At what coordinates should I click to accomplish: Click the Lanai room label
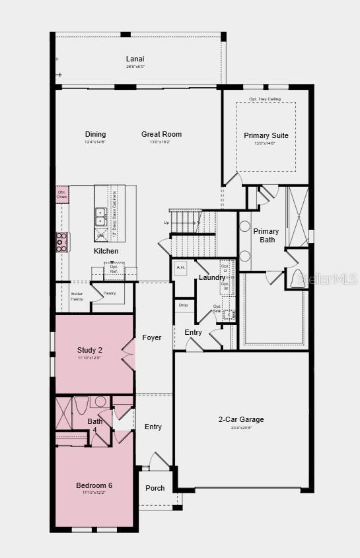(135, 59)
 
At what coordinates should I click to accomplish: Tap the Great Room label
(161, 134)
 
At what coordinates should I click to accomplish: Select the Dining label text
(95, 134)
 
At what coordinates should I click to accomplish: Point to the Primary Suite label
(266, 135)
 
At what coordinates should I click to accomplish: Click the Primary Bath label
(266, 235)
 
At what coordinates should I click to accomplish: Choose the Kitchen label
(106, 251)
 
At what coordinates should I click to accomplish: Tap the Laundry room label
(212, 277)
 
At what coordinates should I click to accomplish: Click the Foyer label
(152, 337)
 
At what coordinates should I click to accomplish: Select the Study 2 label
(89, 350)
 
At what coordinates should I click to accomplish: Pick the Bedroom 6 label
(94, 485)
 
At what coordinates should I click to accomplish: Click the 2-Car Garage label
(241, 419)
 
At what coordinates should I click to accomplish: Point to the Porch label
(155, 488)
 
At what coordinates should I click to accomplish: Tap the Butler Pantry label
(77, 296)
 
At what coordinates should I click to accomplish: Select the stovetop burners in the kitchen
(61, 242)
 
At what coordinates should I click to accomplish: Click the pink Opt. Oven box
(61, 194)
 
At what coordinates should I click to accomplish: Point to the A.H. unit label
(181, 267)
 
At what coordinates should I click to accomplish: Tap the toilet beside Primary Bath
(297, 279)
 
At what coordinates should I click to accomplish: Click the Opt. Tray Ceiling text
(265, 99)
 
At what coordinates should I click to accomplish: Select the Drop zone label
(183, 305)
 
